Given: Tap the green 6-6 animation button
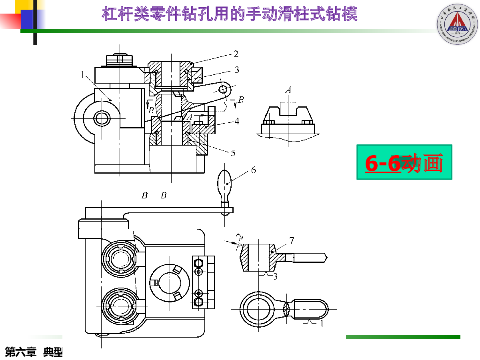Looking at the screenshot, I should coord(404,162).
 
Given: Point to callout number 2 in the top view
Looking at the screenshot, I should coord(236,54).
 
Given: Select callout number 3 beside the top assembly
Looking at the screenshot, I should coord(237,70).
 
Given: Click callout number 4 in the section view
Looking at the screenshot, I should coord(237,120).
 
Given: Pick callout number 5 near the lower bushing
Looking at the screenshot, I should coord(233,152).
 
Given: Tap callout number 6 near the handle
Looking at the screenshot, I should coord(254,170).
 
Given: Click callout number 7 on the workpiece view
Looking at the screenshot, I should coord(292,241).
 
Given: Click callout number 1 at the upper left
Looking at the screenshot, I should coord(82,74).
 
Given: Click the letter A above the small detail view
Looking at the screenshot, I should coord(288,90).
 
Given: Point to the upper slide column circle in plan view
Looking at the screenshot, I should coord(119,258).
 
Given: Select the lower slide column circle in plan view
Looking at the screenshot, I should coord(119,304).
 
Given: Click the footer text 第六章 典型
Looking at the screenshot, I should coord(34,352).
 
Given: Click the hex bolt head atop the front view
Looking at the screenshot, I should coord(119,60).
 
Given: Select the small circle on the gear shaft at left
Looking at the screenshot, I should coord(102,118).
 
